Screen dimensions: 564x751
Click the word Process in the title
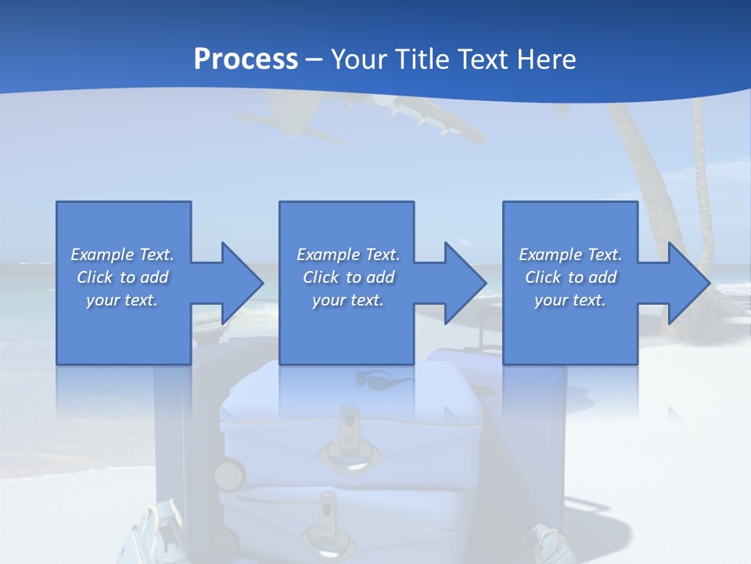tap(246, 60)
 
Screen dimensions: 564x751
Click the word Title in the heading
tap(420, 60)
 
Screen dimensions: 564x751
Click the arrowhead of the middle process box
tap(464, 283)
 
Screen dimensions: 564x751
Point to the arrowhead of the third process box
tap(688, 283)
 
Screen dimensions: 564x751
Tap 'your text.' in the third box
tap(570, 300)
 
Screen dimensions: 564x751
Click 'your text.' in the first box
tap(122, 300)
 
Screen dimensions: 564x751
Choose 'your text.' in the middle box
tap(348, 300)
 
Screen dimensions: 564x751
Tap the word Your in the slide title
tap(358, 60)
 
